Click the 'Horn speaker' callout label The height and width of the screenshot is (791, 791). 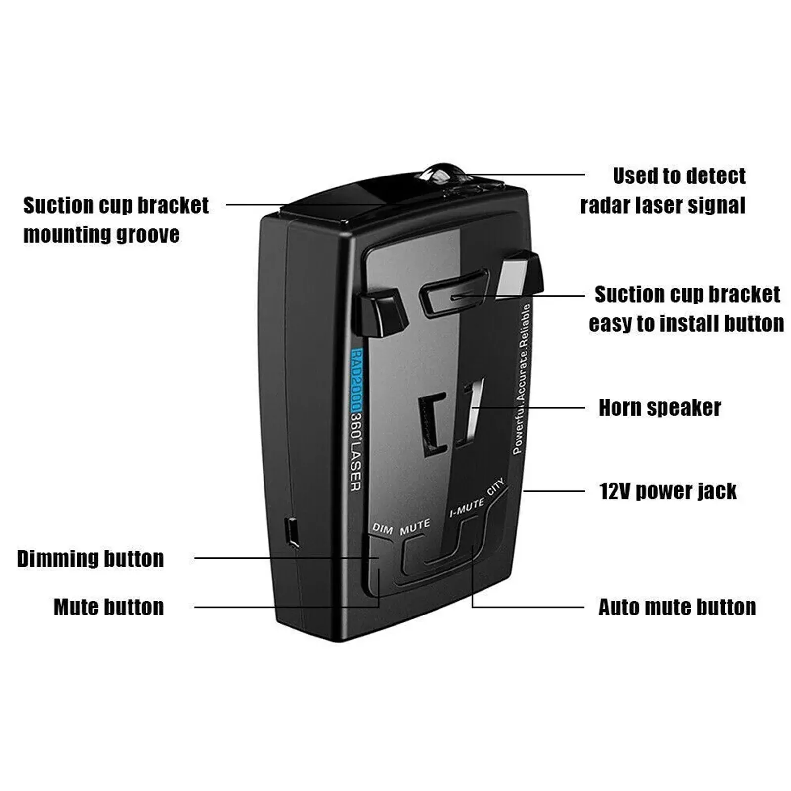(x=659, y=408)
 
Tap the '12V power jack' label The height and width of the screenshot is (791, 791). (x=667, y=491)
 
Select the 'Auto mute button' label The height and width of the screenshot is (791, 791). (x=677, y=607)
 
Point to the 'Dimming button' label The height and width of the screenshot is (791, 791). (x=90, y=559)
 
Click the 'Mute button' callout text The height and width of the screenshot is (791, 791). (x=109, y=607)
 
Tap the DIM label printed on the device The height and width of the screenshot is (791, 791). (x=382, y=528)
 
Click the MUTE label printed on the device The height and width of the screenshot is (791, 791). (x=415, y=527)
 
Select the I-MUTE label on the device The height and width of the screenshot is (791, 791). (x=467, y=508)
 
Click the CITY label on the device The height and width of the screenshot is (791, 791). (x=496, y=486)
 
